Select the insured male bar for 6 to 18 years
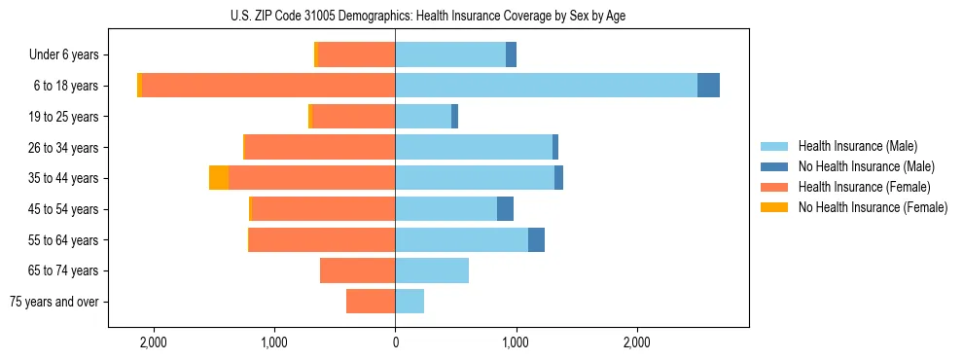(x=546, y=86)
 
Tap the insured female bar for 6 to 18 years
(x=268, y=86)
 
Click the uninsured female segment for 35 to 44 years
(x=219, y=178)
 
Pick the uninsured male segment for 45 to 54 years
(x=505, y=208)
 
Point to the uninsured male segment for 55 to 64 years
(x=536, y=239)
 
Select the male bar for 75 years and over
(x=410, y=302)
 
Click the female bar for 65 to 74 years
(x=357, y=270)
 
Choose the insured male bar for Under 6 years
(x=450, y=54)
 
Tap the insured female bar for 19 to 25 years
(x=353, y=117)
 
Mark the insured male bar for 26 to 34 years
(x=474, y=147)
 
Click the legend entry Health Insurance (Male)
(x=857, y=146)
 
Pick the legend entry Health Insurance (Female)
(x=864, y=187)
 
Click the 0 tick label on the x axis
(x=395, y=342)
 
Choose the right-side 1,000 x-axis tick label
(x=516, y=342)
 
